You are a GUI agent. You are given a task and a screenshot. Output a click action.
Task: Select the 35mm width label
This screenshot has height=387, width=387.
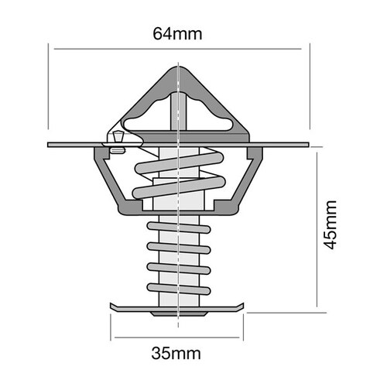tap(179, 355)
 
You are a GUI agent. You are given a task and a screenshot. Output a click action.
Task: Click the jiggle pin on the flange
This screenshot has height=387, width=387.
tap(118, 139)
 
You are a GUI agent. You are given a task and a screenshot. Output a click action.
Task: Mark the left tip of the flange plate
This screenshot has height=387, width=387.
tap(49, 145)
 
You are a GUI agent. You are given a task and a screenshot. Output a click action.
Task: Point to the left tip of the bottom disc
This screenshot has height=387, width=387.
tap(111, 307)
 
